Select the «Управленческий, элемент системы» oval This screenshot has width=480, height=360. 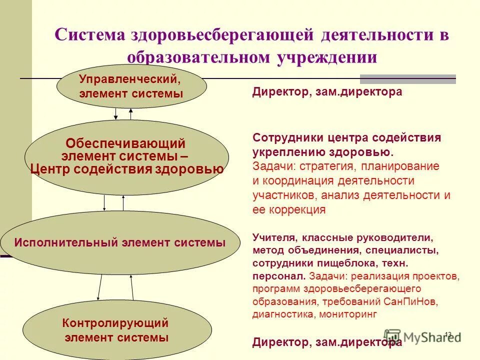[131, 86]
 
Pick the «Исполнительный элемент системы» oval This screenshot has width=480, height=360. [120, 243]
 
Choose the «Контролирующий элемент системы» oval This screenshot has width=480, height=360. [115, 330]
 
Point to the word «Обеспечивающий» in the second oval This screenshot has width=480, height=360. [126, 144]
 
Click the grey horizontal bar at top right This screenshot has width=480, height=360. [408, 79]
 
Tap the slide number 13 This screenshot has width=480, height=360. [448, 334]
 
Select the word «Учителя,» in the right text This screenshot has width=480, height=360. [273, 237]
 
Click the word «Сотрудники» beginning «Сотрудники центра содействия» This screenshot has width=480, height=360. [283, 137]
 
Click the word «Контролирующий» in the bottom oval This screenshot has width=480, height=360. [115, 323]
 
